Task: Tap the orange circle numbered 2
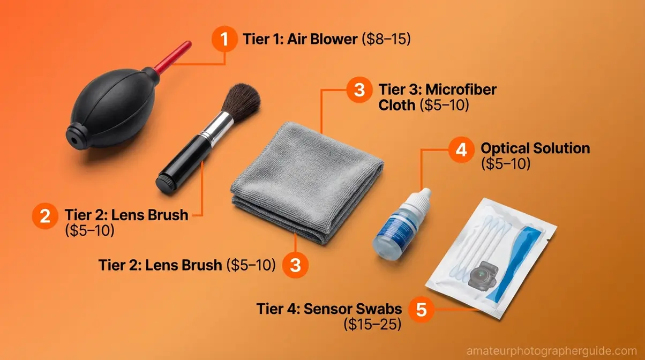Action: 45,216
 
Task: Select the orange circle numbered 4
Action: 461,150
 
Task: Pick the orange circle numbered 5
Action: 422,310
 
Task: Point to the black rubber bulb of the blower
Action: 111,107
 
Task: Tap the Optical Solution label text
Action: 535,148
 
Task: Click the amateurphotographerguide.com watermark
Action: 554,351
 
